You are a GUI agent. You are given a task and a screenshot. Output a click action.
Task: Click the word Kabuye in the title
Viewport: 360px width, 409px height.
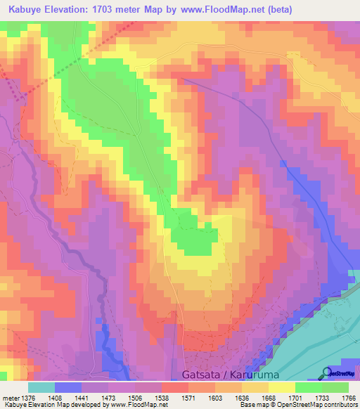pos(23,10)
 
